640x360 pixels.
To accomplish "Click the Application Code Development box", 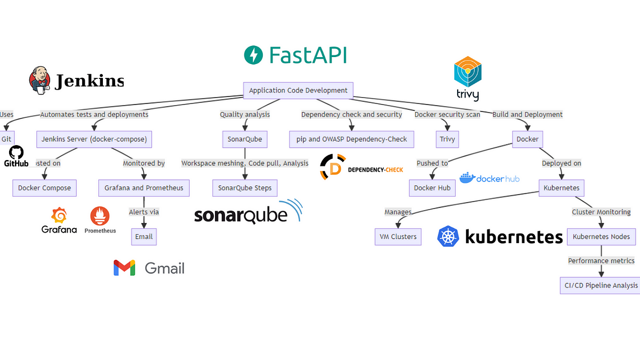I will click(298, 91).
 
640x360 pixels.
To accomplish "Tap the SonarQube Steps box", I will click(245, 188).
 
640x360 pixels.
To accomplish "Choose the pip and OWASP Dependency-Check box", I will click(351, 139).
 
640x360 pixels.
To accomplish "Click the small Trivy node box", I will click(447, 139).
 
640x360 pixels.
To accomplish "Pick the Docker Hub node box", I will click(432, 188).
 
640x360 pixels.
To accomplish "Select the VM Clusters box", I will click(397, 236).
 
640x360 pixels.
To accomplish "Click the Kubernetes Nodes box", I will click(601, 236).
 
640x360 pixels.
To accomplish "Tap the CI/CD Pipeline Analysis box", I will click(601, 285).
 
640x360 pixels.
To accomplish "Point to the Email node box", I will click(144, 236).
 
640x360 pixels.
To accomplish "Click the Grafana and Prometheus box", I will click(144, 188).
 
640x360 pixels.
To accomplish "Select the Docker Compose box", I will click(44, 188).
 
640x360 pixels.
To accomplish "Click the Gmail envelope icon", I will click(124, 268).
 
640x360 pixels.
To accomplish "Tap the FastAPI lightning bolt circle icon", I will click(253, 55).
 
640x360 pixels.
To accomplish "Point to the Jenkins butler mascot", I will click(40, 81).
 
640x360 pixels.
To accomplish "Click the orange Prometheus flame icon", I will click(100, 216).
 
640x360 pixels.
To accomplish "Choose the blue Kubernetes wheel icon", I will click(448, 236).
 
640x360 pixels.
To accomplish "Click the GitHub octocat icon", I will click(17, 152).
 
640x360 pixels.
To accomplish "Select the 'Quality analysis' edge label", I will click(245, 115).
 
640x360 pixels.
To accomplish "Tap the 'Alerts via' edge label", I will click(144, 212).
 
